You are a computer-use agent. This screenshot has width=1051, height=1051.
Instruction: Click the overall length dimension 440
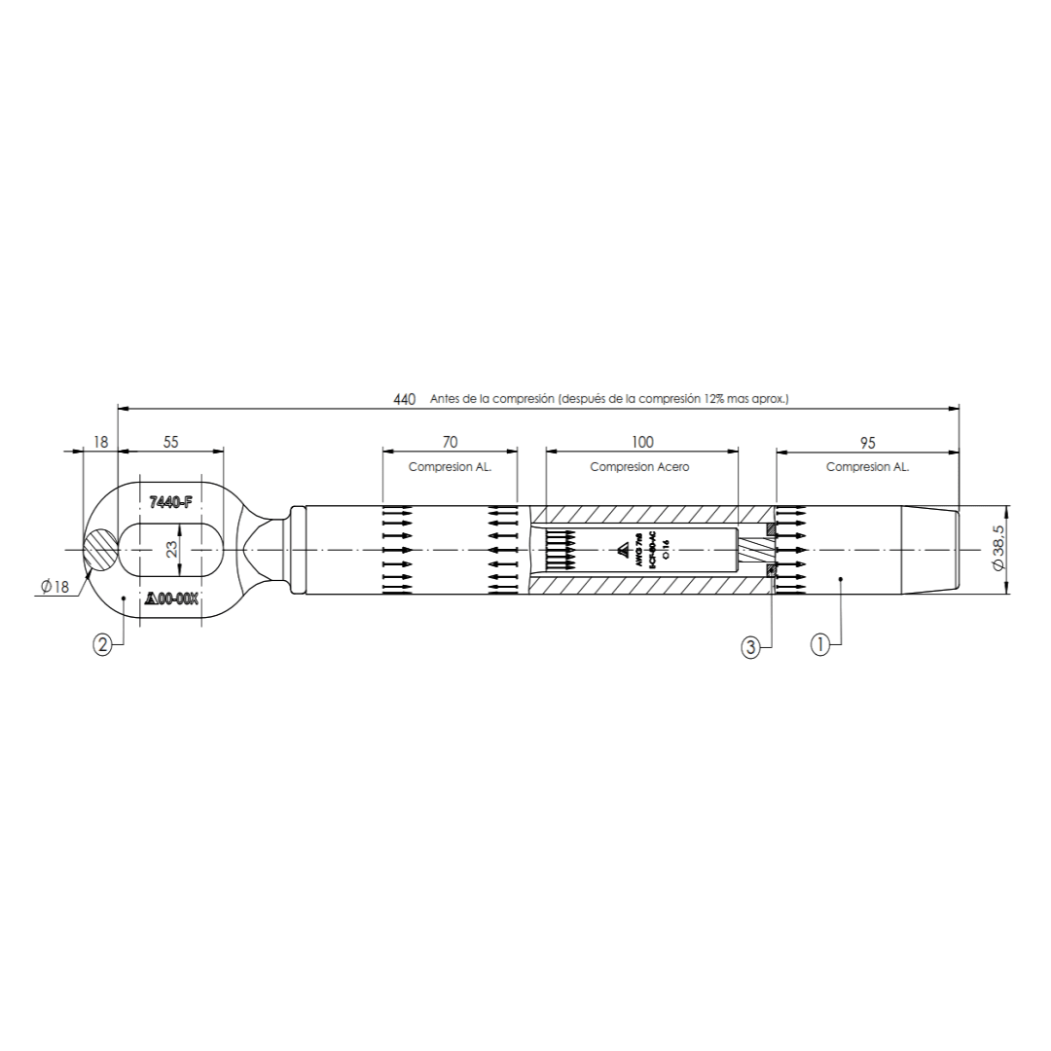click(404, 399)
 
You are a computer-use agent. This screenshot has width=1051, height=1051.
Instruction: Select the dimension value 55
click(170, 442)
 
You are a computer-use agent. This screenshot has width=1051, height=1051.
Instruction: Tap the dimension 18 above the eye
click(100, 442)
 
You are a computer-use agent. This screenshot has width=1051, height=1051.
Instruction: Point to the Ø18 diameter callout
click(54, 586)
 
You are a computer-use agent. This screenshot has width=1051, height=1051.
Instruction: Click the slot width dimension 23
click(171, 551)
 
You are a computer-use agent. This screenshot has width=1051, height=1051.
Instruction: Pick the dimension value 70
click(450, 442)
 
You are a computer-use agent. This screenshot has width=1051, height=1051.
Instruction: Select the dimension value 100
click(641, 442)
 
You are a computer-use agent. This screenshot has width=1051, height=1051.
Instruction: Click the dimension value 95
click(868, 443)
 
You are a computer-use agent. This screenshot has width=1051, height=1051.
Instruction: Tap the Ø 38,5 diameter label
click(998, 550)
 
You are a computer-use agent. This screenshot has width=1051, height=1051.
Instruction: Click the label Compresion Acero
click(639, 467)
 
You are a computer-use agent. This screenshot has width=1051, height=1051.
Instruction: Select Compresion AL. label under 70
click(450, 467)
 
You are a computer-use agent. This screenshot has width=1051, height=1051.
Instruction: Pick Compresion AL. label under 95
click(868, 467)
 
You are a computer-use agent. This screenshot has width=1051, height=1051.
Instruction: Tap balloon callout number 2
click(102, 642)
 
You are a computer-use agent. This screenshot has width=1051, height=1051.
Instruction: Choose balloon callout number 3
click(750, 646)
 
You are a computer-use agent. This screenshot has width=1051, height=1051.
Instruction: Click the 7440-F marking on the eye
click(171, 502)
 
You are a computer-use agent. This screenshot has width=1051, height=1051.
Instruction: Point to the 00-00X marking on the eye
click(172, 599)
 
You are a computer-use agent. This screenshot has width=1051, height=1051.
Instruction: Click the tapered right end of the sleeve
click(929, 550)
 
